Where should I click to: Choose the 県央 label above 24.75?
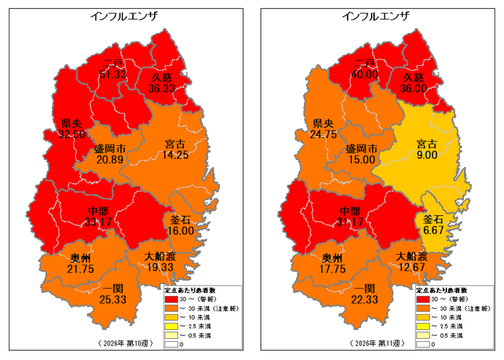[322, 123]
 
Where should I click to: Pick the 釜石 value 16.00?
[180, 230]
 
